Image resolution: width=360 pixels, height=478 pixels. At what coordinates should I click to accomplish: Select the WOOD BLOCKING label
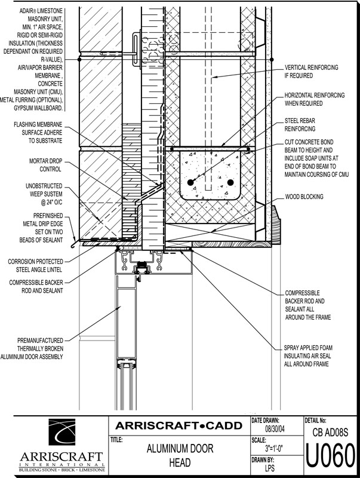tap(304, 196)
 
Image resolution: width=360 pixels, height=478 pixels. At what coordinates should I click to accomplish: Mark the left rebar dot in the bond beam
tap(190, 182)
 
